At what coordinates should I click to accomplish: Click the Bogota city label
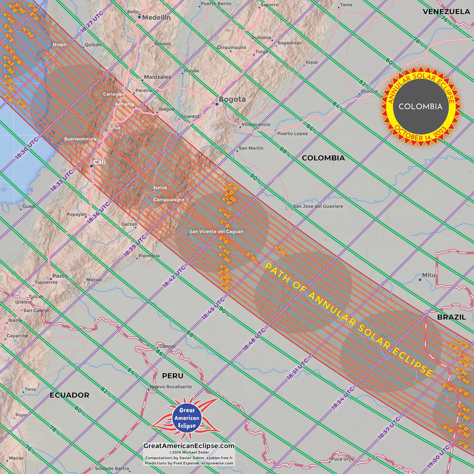pos(232,100)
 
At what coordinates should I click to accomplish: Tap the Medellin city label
pos(156,18)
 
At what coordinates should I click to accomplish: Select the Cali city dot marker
pos(91,166)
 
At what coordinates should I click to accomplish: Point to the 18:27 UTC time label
pos(92,22)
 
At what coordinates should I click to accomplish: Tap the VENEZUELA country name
pos(446,12)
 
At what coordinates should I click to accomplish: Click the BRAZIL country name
pos(451,317)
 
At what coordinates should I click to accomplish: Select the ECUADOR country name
pos(70,395)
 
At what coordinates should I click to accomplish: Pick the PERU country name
pos(173,376)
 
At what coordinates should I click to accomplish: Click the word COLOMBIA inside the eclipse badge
pos(420,106)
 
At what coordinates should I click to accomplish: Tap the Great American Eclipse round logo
pos(187,418)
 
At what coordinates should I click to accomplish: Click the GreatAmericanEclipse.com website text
pos(189,446)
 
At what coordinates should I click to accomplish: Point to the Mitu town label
pos(428,275)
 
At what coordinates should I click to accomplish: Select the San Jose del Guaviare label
pos(318,206)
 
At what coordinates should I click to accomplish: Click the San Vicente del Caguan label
pos(216,232)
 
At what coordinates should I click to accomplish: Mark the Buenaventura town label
pos(80,139)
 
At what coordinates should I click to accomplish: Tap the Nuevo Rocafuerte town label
pos(171,387)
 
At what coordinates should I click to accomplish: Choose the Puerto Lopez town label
pos(292,134)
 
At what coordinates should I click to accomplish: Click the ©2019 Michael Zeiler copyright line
pos(189,452)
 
